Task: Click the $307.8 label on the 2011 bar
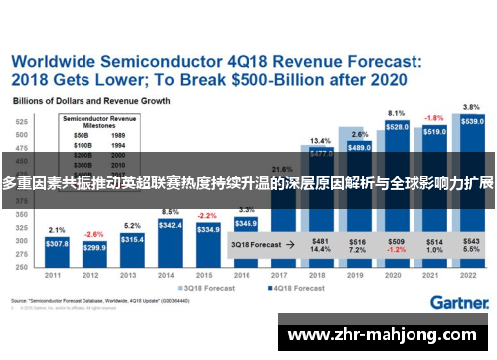pyautogui.click(x=57, y=243)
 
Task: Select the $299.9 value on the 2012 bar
pyautogui.click(x=95, y=247)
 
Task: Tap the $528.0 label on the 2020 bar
pyautogui.click(x=396, y=127)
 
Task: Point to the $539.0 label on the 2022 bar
pyautogui.click(x=473, y=121)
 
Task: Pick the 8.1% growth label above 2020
pyautogui.click(x=396, y=113)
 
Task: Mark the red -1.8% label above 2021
pyautogui.click(x=434, y=117)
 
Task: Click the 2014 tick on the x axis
pyautogui.click(x=170, y=275)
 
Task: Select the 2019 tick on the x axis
pyautogui.click(x=359, y=275)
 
